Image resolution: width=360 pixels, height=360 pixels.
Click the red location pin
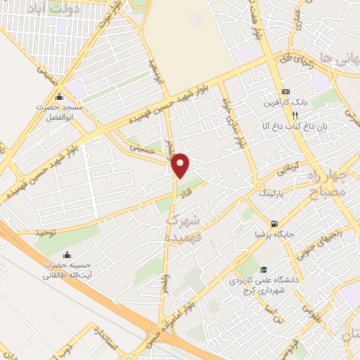point(181,165)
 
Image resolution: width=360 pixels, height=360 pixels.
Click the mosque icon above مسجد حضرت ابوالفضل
point(59,97)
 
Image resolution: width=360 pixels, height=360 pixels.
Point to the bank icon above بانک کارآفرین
point(286,92)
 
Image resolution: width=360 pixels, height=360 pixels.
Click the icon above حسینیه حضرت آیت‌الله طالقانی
point(67,254)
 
